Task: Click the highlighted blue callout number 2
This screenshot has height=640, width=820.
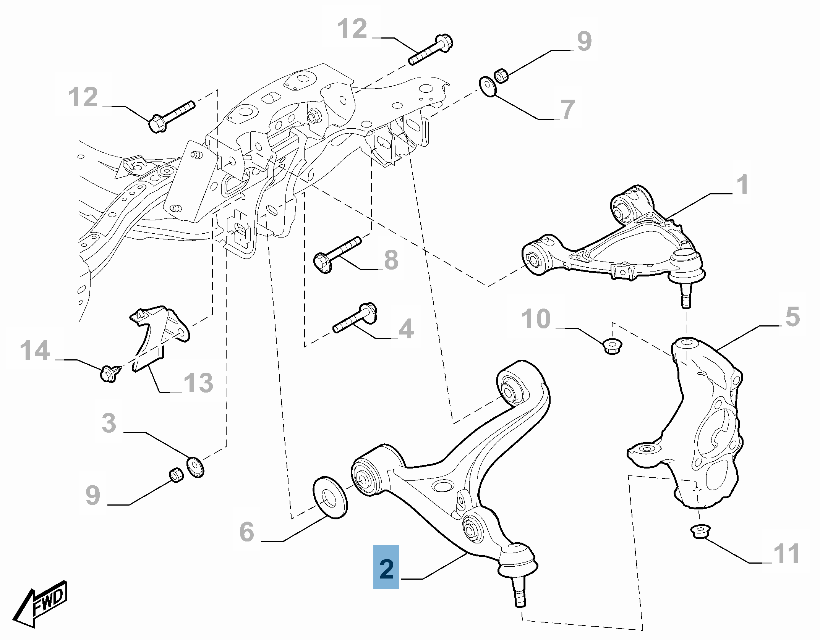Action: coord(386,567)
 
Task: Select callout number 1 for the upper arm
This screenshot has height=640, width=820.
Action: coord(742,185)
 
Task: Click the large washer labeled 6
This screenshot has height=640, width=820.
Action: coord(330,497)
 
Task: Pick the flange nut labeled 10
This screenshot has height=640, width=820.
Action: coord(612,346)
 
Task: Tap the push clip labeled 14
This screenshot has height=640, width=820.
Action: coord(110,373)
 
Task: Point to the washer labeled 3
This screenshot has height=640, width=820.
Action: coord(195,467)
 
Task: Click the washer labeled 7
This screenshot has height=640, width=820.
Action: coord(488,87)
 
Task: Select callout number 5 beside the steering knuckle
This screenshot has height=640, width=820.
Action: coord(792,317)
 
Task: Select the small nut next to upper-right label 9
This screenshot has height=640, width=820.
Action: coord(501,75)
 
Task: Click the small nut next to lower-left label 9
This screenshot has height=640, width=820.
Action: coord(176,475)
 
